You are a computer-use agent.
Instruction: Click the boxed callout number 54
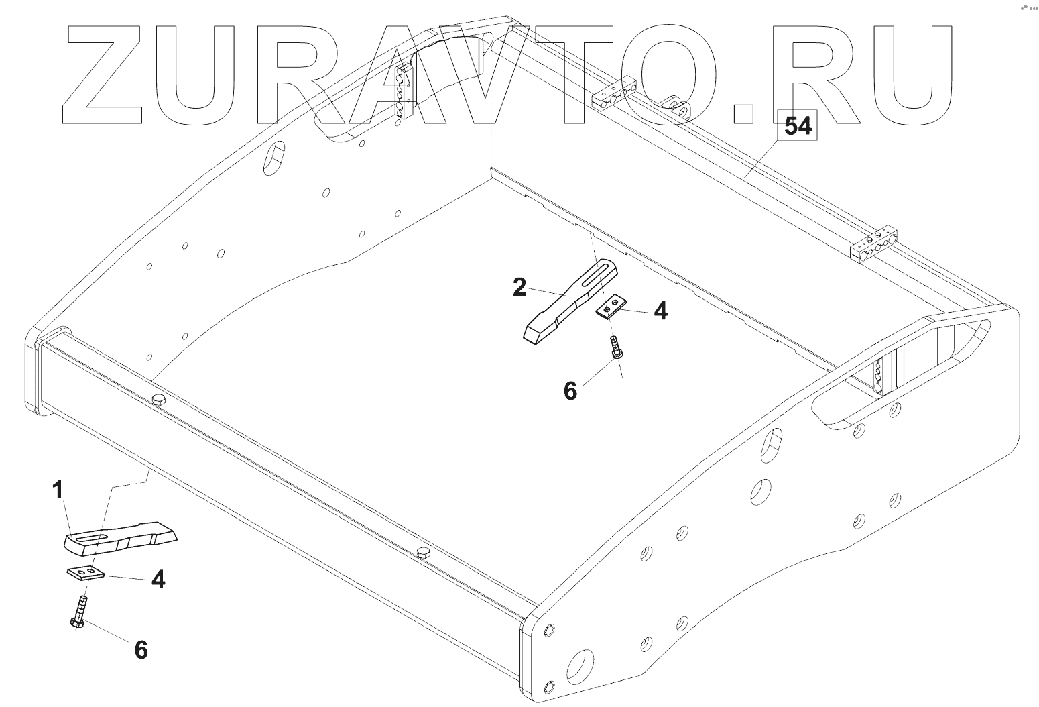click(798, 125)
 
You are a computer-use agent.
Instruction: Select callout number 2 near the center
click(519, 287)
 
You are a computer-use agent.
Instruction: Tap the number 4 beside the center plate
click(660, 311)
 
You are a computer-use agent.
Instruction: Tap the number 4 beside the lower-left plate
click(158, 578)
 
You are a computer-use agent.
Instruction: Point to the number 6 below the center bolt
click(570, 390)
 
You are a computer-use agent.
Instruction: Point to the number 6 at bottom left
click(141, 649)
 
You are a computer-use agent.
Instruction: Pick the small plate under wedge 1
click(85, 572)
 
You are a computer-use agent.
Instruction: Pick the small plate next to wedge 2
click(610, 307)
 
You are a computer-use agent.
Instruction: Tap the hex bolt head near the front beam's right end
click(424, 553)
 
